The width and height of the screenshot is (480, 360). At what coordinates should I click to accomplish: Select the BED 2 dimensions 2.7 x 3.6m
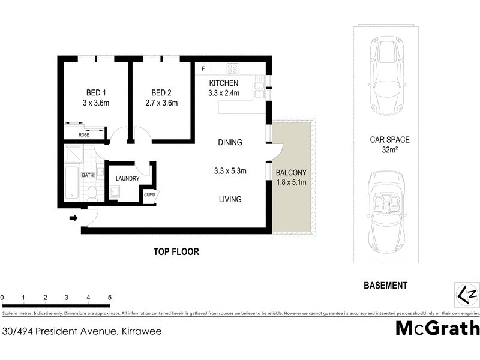[161, 103]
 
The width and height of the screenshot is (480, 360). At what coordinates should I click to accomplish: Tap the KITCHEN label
[224, 83]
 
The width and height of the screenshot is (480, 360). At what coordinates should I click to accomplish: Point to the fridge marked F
[203, 68]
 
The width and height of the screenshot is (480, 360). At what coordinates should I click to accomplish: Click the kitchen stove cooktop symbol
[233, 68]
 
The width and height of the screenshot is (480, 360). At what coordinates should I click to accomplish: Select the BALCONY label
[291, 173]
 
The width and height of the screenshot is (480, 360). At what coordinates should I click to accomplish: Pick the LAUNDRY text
[127, 178]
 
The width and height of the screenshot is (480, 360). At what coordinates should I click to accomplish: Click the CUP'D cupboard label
[149, 194]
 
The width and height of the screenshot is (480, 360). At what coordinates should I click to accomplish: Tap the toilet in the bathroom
[92, 192]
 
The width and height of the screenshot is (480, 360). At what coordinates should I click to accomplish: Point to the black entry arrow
[74, 218]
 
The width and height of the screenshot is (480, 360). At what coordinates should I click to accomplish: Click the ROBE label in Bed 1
[83, 135]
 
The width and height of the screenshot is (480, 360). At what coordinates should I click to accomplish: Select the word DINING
[230, 143]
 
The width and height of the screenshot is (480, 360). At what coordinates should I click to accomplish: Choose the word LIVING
[230, 199]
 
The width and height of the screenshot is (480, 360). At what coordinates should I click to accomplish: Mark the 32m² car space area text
[389, 149]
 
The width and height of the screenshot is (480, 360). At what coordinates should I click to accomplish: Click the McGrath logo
[437, 328]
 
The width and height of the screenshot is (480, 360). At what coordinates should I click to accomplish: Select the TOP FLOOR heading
[176, 252]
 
